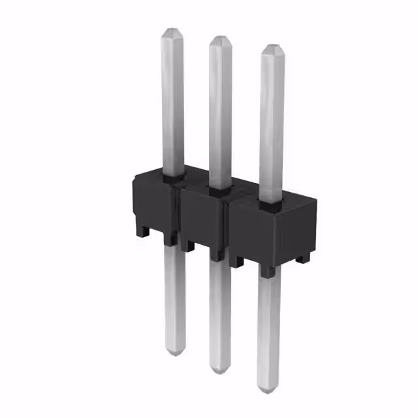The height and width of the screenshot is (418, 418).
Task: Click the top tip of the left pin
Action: coord(171,31)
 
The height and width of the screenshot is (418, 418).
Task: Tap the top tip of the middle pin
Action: coord(219,39)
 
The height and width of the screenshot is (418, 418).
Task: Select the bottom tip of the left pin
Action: coord(173,353)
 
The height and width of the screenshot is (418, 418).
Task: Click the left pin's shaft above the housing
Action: coord(172,104)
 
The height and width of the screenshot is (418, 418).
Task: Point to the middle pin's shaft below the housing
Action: coord(220,313)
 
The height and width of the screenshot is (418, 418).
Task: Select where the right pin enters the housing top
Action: coord(271,204)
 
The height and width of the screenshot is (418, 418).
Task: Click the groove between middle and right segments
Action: coord(227,229)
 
